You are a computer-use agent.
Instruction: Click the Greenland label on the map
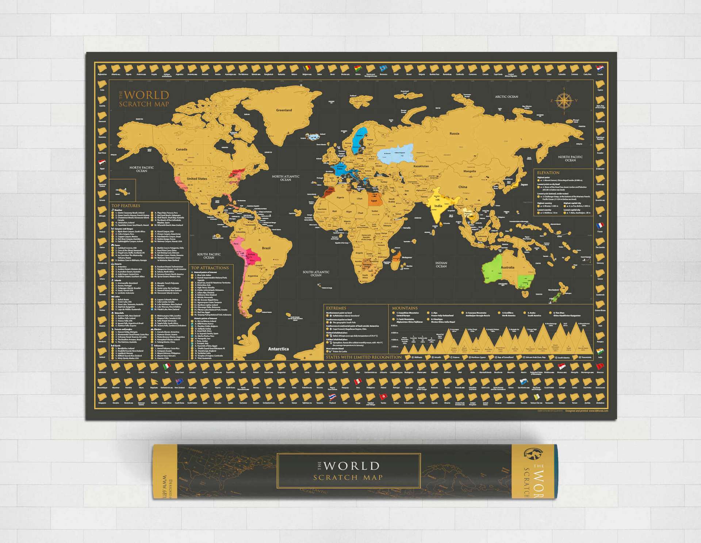point(284,110)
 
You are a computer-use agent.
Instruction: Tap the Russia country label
point(454,134)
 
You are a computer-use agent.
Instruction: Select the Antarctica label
point(278,349)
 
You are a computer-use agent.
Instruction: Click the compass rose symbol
point(564,100)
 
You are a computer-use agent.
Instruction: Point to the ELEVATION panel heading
point(548,173)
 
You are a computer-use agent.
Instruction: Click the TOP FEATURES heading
point(126,206)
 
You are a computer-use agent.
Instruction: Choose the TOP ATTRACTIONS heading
point(210,268)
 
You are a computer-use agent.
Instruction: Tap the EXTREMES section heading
point(336,308)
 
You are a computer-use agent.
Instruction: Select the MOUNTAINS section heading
point(405,308)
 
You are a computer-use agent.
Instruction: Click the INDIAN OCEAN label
point(441,264)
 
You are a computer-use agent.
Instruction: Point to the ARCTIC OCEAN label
point(506,97)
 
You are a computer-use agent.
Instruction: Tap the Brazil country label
point(266,248)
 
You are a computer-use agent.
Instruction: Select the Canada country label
point(181,149)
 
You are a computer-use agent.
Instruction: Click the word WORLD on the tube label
point(351,466)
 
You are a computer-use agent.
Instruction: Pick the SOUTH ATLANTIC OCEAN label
point(316,274)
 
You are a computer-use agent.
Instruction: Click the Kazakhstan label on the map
point(421,166)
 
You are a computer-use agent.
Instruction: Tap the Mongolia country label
point(470,171)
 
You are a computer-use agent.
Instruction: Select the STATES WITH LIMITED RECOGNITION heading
point(364,357)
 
